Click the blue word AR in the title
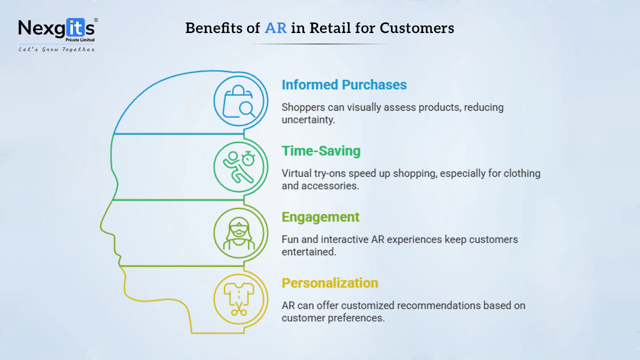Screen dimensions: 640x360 [x=275, y=28]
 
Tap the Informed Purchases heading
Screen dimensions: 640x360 [x=344, y=84]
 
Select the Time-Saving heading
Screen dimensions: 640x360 [x=321, y=151]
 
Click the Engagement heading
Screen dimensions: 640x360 [x=320, y=217]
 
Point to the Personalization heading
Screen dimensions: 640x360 [x=330, y=283]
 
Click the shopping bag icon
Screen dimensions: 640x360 [x=237, y=101]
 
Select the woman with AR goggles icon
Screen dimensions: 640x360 [x=239, y=233]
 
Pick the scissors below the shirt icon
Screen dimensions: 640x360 [x=239, y=309]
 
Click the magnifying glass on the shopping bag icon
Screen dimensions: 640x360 [x=247, y=109]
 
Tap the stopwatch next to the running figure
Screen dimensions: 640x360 [x=248, y=158]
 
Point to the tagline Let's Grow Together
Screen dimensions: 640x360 [x=56, y=49]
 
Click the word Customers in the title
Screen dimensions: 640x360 [x=417, y=28]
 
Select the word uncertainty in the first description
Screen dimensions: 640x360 [x=308, y=119]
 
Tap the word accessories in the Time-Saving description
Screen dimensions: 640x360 [x=330, y=186]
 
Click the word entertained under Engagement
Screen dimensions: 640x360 [x=309, y=252]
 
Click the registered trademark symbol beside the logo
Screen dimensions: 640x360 [x=96, y=20]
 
